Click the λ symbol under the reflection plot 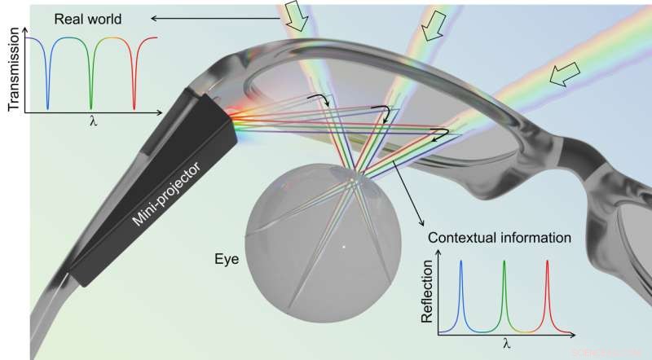click(505, 345)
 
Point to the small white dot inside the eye click(344, 245)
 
